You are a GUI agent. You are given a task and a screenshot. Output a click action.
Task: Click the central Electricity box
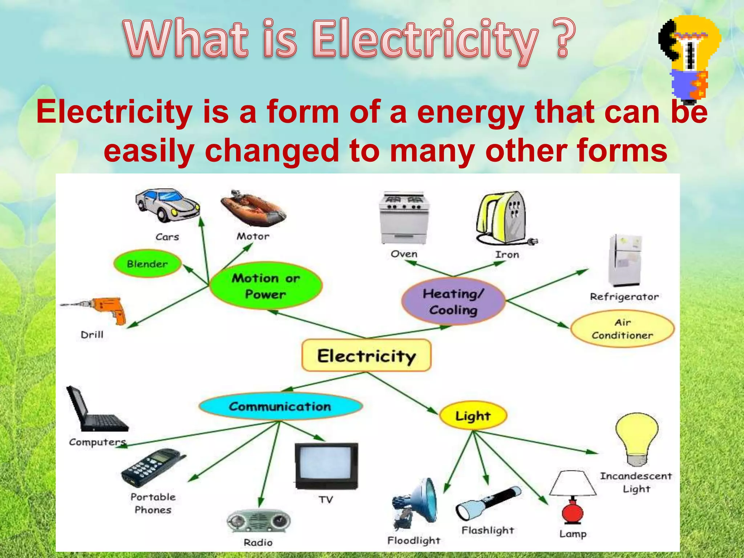(x=366, y=355)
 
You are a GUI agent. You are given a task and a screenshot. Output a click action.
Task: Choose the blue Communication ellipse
(x=280, y=406)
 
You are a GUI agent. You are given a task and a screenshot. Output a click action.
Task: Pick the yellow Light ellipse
(x=473, y=416)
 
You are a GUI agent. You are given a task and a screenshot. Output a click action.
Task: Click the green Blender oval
(x=147, y=264)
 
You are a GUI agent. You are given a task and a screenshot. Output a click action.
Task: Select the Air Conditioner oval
(x=622, y=329)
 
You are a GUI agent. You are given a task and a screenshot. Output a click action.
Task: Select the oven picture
(x=404, y=218)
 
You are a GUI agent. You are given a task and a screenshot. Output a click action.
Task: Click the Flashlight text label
(x=488, y=530)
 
